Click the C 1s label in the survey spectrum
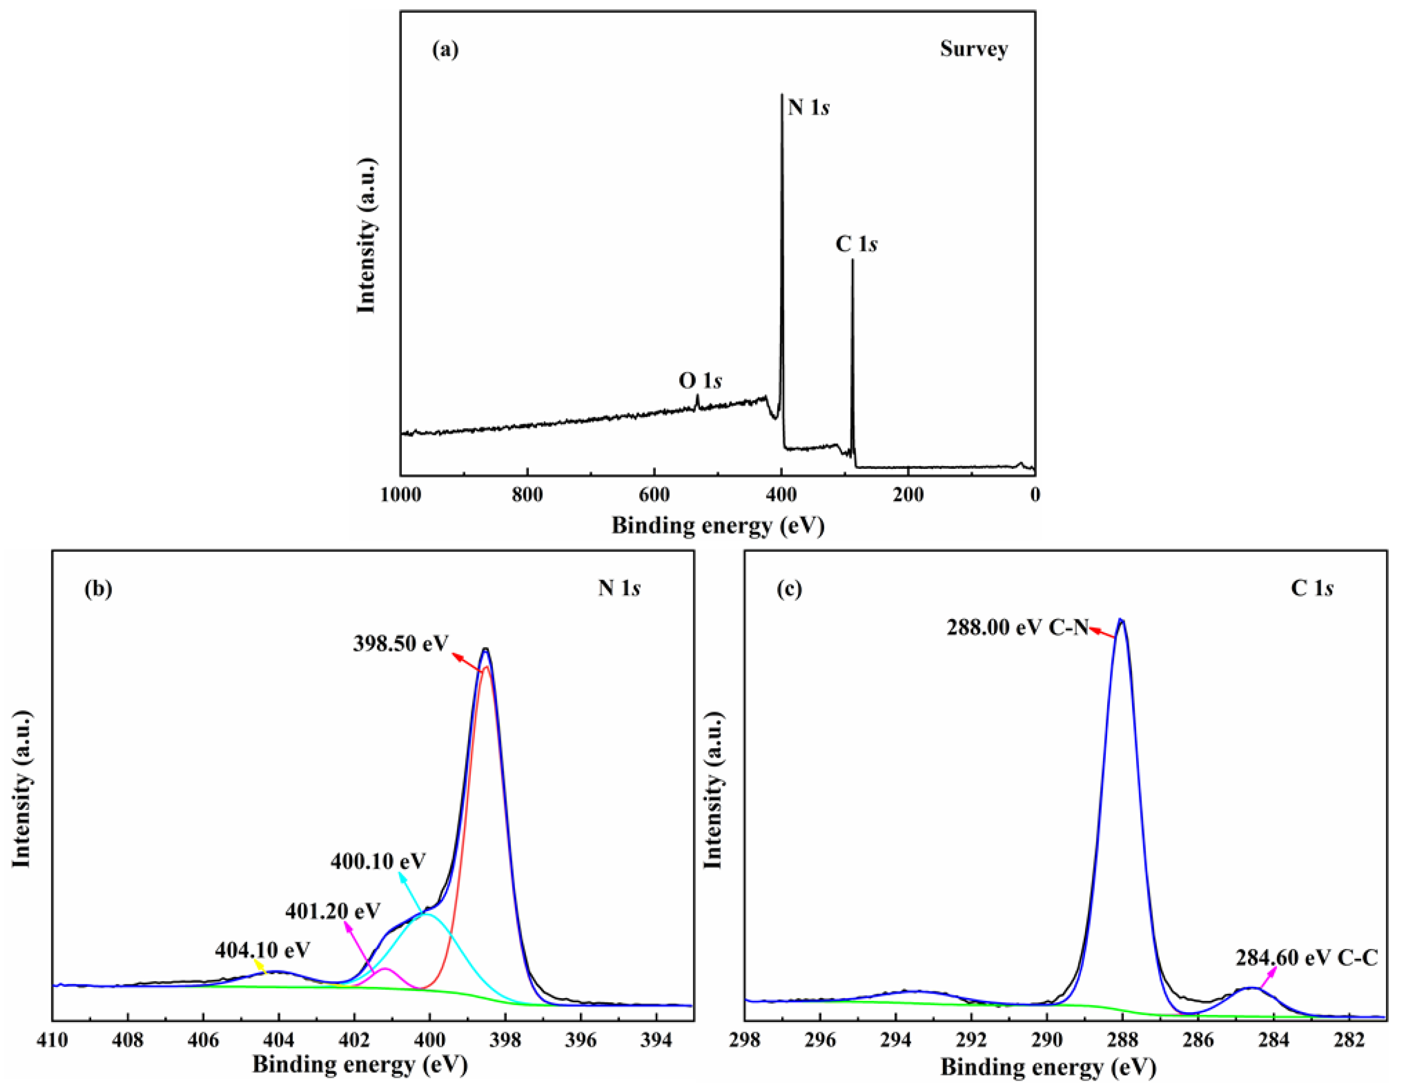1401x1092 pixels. pos(856,244)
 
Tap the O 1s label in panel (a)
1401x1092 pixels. pos(700,381)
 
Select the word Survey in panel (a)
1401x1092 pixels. pos(974,49)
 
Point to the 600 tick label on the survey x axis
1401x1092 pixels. pos(654,495)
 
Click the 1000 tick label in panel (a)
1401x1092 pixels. pos(401,495)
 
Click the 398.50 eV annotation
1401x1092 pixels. pos(400,643)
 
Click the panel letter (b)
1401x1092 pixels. pos(98,588)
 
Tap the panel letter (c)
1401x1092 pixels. pos(789,588)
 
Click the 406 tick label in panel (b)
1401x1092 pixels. pos(203,1040)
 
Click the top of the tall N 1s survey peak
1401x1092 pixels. pos(781,96)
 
